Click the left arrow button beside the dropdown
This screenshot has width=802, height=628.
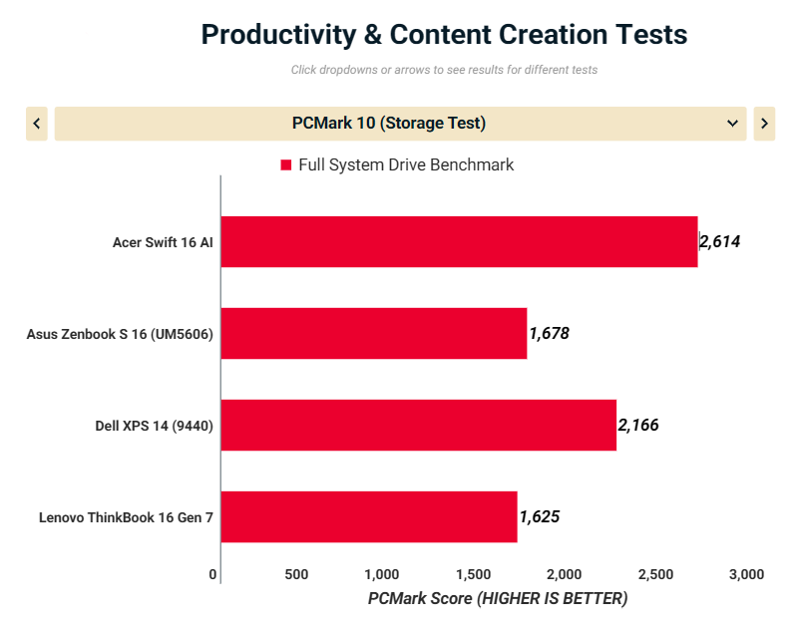(x=37, y=124)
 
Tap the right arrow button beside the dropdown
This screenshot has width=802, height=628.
(x=764, y=124)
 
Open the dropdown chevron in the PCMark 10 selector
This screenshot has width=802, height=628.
(x=733, y=124)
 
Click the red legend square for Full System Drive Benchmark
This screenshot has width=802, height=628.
(x=285, y=165)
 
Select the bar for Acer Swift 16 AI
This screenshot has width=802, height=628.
(x=459, y=241)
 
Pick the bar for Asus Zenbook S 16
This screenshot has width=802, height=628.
(x=373, y=333)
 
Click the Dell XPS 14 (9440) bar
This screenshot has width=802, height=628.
(x=418, y=425)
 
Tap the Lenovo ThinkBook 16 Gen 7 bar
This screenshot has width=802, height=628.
(x=368, y=516)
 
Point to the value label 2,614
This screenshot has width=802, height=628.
(x=720, y=241)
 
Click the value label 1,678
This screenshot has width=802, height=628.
(x=550, y=333)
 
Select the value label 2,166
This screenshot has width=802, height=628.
(x=638, y=425)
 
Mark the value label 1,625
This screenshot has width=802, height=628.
(x=540, y=516)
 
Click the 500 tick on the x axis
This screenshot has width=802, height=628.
(x=296, y=574)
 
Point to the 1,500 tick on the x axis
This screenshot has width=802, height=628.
(x=473, y=574)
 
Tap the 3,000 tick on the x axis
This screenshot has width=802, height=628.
(x=746, y=574)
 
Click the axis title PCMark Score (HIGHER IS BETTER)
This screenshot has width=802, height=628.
(x=498, y=599)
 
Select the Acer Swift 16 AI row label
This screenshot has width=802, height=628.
(x=163, y=242)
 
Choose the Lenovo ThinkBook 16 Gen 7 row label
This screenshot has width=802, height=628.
(x=127, y=517)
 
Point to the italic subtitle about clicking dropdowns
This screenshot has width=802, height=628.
(x=444, y=70)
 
